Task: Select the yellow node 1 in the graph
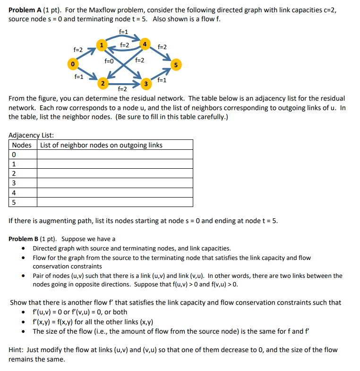pos(100,45)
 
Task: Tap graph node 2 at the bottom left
pos(103,83)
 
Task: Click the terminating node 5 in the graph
pos(176,65)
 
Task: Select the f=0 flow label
pos(109,60)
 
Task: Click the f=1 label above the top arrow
pos(124,32)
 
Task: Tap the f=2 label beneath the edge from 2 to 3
pos(122,89)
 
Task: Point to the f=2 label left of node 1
pos(78,50)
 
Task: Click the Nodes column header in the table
pos(22,145)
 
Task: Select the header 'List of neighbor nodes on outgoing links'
pos(101,145)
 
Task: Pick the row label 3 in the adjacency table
pos(14,183)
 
